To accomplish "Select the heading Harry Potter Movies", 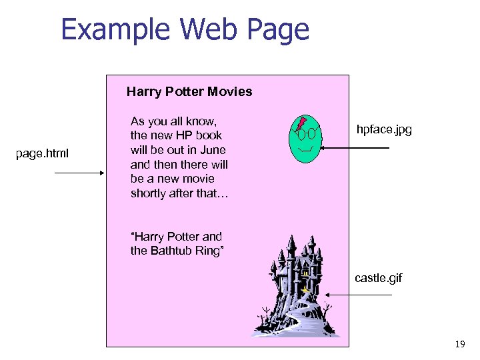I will pyautogui.click(x=189, y=91).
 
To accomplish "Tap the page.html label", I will pyautogui.click(x=42, y=155).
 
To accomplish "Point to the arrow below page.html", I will pyautogui.click(x=79, y=173).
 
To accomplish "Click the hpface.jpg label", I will pyautogui.click(x=384, y=129).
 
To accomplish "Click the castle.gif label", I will pyautogui.click(x=378, y=277).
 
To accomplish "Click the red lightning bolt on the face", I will pyautogui.click(x=302, y=123).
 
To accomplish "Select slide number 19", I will pyautogui.click(x=459, y=344).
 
